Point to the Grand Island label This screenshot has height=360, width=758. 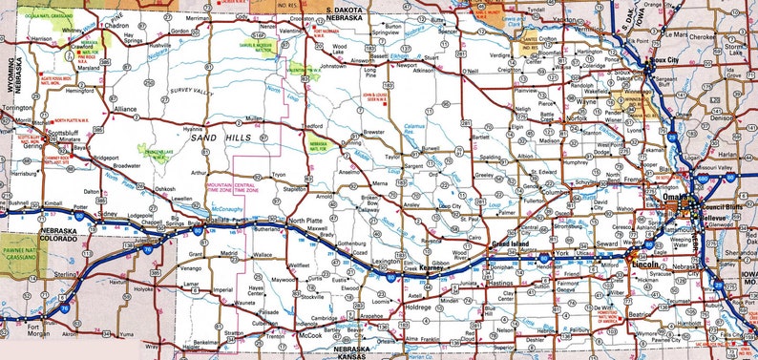(508, 245)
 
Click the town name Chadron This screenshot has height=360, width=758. (116, 27)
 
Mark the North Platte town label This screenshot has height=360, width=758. (305, 221)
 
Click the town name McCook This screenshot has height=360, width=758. (312, 336)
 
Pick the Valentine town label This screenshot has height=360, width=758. (292, 30)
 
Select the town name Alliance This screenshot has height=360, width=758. (126, 110)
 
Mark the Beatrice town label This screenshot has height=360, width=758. (642, 313)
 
